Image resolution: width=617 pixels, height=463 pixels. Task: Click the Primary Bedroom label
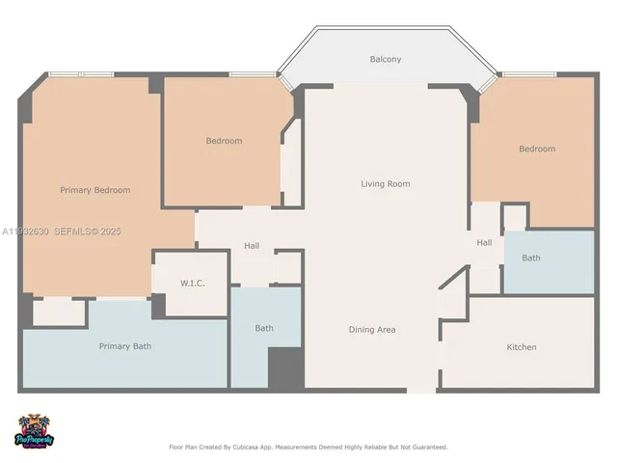click(x=94, y=190)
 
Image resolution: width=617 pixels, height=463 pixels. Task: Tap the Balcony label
click(x=386, y=60)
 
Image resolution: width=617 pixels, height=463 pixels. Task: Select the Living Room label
click(x=386, y=183)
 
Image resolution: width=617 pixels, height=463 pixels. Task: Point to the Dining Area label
click(x=372, y=330)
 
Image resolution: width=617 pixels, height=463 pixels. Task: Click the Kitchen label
click(x=522, y=346)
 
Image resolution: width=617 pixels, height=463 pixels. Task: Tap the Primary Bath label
click(x=124, y=345)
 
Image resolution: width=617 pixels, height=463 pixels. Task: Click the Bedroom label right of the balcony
click(x=537, y=149)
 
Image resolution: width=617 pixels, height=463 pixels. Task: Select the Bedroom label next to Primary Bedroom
click(x=224, y=141)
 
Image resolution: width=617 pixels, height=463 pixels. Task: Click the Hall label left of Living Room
click(x=252, y=246)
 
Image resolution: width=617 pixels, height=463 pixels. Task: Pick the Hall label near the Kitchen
click(x=484, y=242)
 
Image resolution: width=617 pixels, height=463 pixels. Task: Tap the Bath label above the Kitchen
click(x=531, y=258)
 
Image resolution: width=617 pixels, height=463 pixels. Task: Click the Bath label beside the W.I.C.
click(x=264, y=328)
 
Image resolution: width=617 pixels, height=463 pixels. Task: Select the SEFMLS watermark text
click(x=74, y=231)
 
